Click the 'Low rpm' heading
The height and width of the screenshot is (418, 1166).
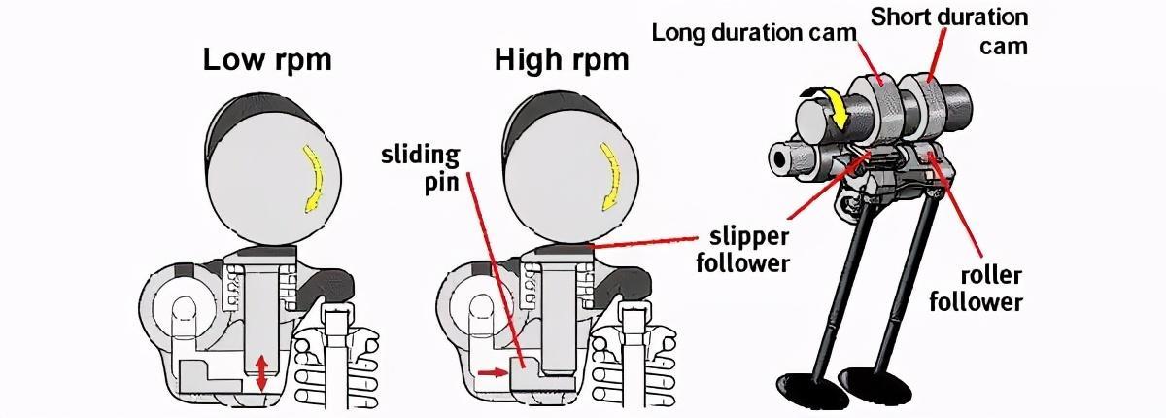(x=266, y=60)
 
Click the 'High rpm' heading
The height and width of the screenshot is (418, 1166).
(x=561, y=60)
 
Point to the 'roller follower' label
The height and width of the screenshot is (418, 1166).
(x=976, y=288)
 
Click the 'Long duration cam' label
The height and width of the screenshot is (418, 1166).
(x=754, y=31)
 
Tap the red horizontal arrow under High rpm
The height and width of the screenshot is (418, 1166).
(x=492, y=370)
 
